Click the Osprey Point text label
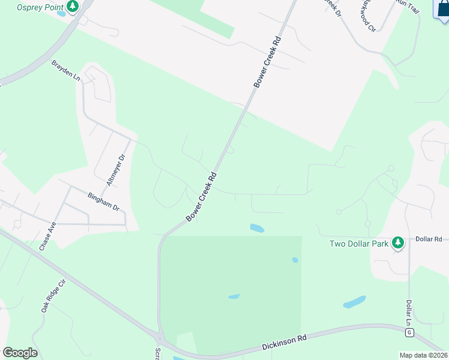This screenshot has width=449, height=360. tap(40, 7)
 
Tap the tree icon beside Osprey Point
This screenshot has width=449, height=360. tap(73, 7)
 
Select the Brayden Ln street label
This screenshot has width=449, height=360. tap(65, 70)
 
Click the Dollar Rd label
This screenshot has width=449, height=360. tap(429, 239)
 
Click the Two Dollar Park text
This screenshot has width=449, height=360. tap(359, 244)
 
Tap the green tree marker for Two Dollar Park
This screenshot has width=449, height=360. tap(397, 243)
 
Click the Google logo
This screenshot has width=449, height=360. tap(20, 353)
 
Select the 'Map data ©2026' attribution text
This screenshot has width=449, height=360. tap(423, 355)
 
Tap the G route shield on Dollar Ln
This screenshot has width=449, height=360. tap(409, 332)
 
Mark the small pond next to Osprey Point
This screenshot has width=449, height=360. tap(61, 14)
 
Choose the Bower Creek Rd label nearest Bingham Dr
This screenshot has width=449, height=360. tap(201, 197)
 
